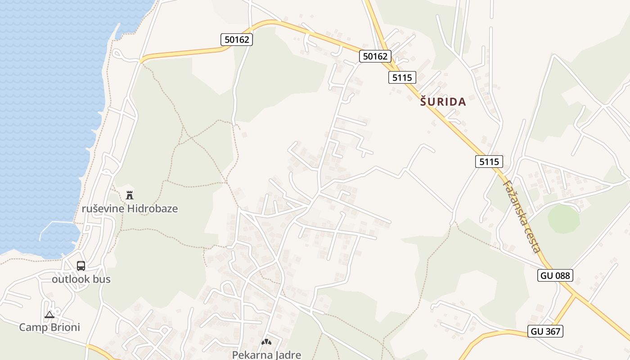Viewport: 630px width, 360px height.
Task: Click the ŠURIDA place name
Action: click(443, 102)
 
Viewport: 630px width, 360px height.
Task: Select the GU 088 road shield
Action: click(555, 275)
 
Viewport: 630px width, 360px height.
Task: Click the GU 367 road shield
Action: click(545, 331)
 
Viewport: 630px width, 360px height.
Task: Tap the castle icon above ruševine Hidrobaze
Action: click(130, 195)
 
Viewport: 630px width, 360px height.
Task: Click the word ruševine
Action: click(103, 209)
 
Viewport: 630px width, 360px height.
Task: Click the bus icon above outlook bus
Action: click(81, 265)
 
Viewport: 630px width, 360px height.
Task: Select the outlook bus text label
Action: click(81, 279)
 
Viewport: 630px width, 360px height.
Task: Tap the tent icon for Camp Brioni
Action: click(49, 314)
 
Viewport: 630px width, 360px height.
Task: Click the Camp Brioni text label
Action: click(49, 327)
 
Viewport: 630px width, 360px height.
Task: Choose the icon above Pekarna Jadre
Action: click(266, 342)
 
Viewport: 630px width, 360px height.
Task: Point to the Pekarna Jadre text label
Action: click(266, 355)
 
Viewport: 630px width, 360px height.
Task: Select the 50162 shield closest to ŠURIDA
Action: click(375, 56)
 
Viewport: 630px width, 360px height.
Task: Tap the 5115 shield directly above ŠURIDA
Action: click(402, 77)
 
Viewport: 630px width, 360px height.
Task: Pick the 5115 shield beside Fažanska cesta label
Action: click(489, 162)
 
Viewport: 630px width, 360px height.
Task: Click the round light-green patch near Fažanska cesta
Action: click(563, 219)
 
